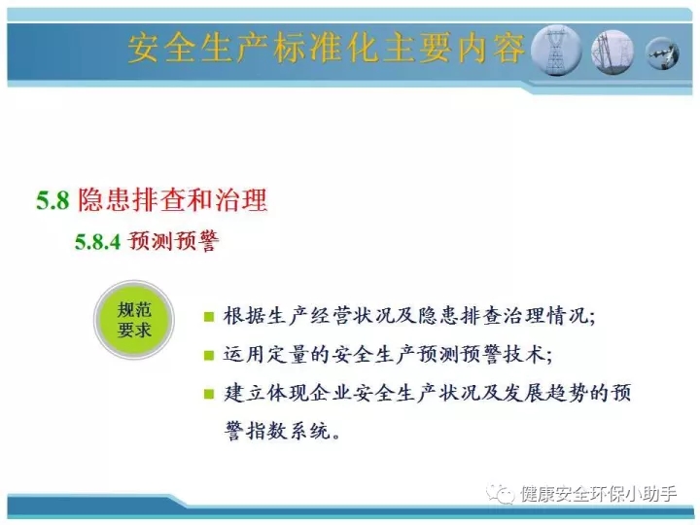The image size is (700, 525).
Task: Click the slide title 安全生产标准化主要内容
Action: click(x=327, y=48)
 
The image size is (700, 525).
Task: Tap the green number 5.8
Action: click(x=52, y=199)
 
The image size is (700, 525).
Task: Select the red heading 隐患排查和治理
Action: click(x=172, y=199)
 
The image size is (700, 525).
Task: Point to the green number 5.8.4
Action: click(x=98, y=241)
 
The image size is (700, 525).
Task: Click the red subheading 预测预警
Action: click(x=173, y=241)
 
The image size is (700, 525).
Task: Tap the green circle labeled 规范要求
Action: click(x=134, y=320)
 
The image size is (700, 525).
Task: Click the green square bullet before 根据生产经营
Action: click(x=208, y=317)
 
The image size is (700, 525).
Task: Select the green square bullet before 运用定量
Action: click(x=208, y=356)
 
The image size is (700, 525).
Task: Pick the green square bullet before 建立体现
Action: click(x=208, y=394)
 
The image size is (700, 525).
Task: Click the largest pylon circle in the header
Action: click(x=556, y=51)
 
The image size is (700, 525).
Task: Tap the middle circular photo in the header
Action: click(x=612, y=52)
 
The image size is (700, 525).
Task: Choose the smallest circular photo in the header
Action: click(x=662, y=53)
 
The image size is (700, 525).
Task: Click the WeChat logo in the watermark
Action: click(x=500, y=494)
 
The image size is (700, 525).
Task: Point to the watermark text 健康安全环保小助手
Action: click(x=598, y=494)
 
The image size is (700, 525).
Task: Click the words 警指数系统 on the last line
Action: click(x=278, y=432)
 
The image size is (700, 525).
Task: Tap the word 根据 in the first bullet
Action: click(x=244, y=316)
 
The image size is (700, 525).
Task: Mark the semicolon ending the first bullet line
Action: click(x=592, y=319)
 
